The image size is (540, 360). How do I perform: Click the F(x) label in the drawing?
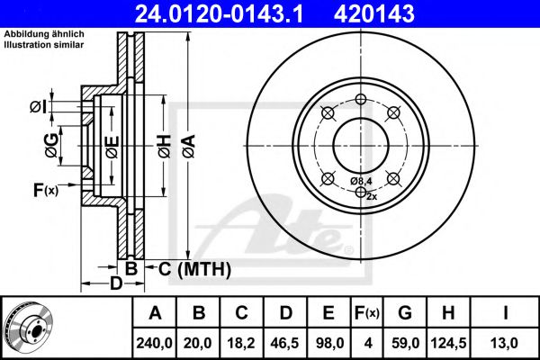[x=44, y=190]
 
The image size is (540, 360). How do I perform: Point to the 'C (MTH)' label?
[x=194, y=268]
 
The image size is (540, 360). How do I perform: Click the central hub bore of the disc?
[x=359, y=141]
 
